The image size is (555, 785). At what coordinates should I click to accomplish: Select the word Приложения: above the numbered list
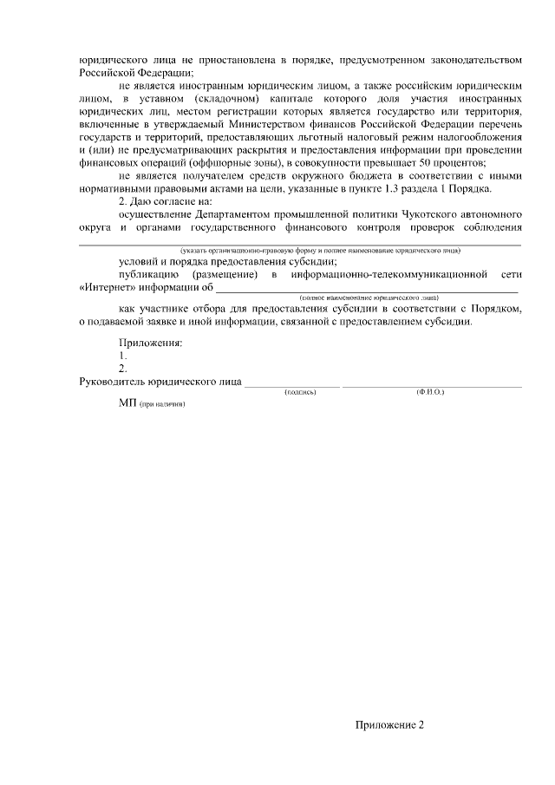pyautogui.click(x=151, y=343)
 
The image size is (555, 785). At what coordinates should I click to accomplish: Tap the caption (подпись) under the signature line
pyautogui.click(x=300, y=392)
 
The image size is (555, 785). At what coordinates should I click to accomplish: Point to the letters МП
pyautogui.click(x=127, y=404)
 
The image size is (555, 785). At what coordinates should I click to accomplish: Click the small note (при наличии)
pyautogui.click(x=162, y=405)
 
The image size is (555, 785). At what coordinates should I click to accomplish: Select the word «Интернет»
pyautogui.click(x=106, y=286)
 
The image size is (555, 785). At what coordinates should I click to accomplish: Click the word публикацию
pyautogui.click(x=147, y=274)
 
